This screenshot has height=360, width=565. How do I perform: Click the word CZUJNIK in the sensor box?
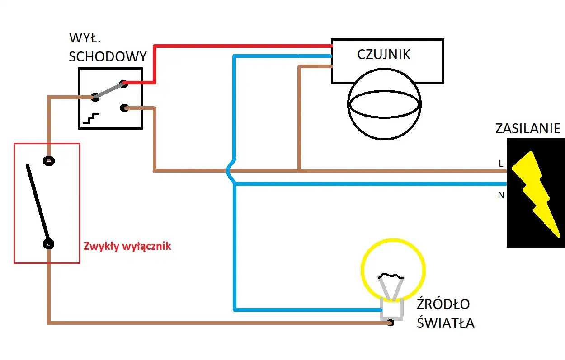pos(384,55)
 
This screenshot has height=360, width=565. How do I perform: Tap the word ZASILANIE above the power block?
pos(527,129)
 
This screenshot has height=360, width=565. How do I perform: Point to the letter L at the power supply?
pos(501,164)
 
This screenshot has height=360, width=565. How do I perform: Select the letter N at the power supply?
pos(501,196)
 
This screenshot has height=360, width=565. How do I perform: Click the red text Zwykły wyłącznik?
pos(127,247)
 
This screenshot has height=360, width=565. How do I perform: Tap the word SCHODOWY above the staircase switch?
pos(108,56)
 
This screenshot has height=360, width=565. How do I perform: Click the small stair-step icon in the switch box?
pos(90,119)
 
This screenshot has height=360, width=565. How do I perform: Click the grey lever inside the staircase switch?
pos(109,90)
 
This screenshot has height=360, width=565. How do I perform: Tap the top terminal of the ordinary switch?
pos(48,160)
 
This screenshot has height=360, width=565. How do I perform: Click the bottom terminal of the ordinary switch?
pos(48,244)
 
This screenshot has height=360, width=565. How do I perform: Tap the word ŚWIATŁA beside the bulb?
pos(445,323)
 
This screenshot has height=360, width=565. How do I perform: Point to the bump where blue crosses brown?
pos(231,171)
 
